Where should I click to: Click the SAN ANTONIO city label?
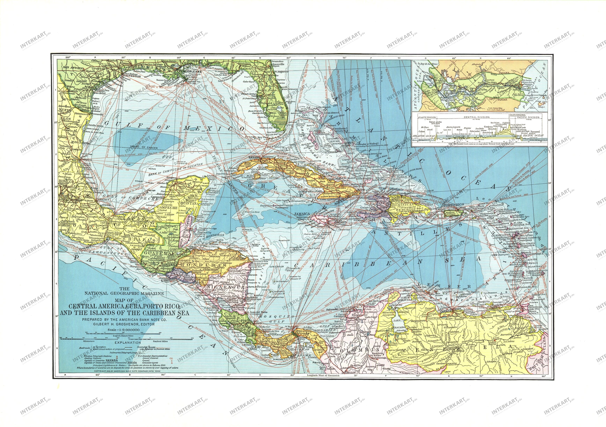click(73, 68)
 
